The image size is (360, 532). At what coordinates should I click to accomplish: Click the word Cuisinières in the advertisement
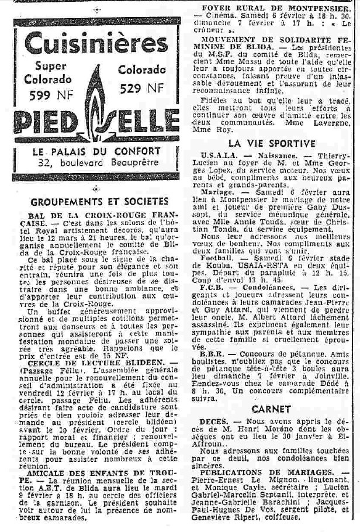click(95, 44)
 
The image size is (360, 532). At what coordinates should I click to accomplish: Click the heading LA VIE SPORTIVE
click(272, 143)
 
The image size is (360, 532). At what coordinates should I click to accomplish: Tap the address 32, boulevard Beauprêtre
click(95, 161)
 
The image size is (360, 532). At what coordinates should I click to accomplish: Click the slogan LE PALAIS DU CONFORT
click(95, 150)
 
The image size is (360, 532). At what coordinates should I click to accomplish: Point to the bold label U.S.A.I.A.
click(219, 155)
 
